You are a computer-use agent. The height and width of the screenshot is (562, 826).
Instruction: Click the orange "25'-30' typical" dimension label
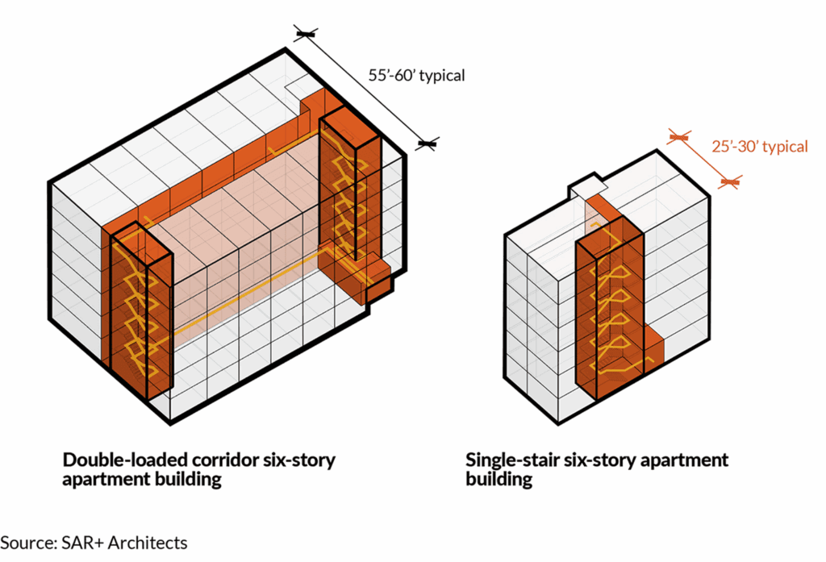tap(759, 147)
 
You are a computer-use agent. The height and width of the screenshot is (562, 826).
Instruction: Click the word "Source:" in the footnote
tap(29, 543)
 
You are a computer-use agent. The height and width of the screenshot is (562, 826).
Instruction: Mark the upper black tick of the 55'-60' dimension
tap(306, 34)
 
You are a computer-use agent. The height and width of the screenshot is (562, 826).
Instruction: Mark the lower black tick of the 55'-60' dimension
tap(427, 144)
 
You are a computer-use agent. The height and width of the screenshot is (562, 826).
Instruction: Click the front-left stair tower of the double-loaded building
tap(140, 314)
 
